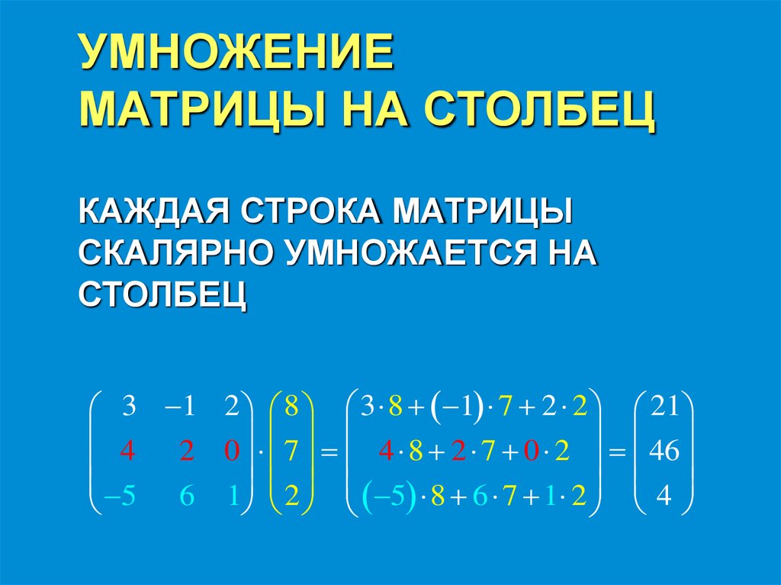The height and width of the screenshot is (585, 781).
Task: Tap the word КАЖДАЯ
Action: coord(150,211)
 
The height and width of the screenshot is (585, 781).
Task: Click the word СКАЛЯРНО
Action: coord(175,252)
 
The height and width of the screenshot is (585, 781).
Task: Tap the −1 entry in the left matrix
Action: coord(182,407)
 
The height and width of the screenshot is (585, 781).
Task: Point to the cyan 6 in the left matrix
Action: coord(187,497)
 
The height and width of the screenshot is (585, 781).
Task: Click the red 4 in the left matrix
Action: coord(127,452)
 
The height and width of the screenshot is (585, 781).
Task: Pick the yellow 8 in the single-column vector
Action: coord(291,407)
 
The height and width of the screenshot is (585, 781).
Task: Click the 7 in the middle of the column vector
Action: coord(291,452)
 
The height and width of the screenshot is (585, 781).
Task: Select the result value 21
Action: coord(663,407)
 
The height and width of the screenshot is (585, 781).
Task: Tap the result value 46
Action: coord(663,452)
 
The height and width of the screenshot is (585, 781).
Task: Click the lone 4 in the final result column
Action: coord(663,497)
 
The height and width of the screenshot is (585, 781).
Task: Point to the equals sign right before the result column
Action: coord(615,453)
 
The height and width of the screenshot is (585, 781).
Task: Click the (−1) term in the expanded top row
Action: coord(455,407)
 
